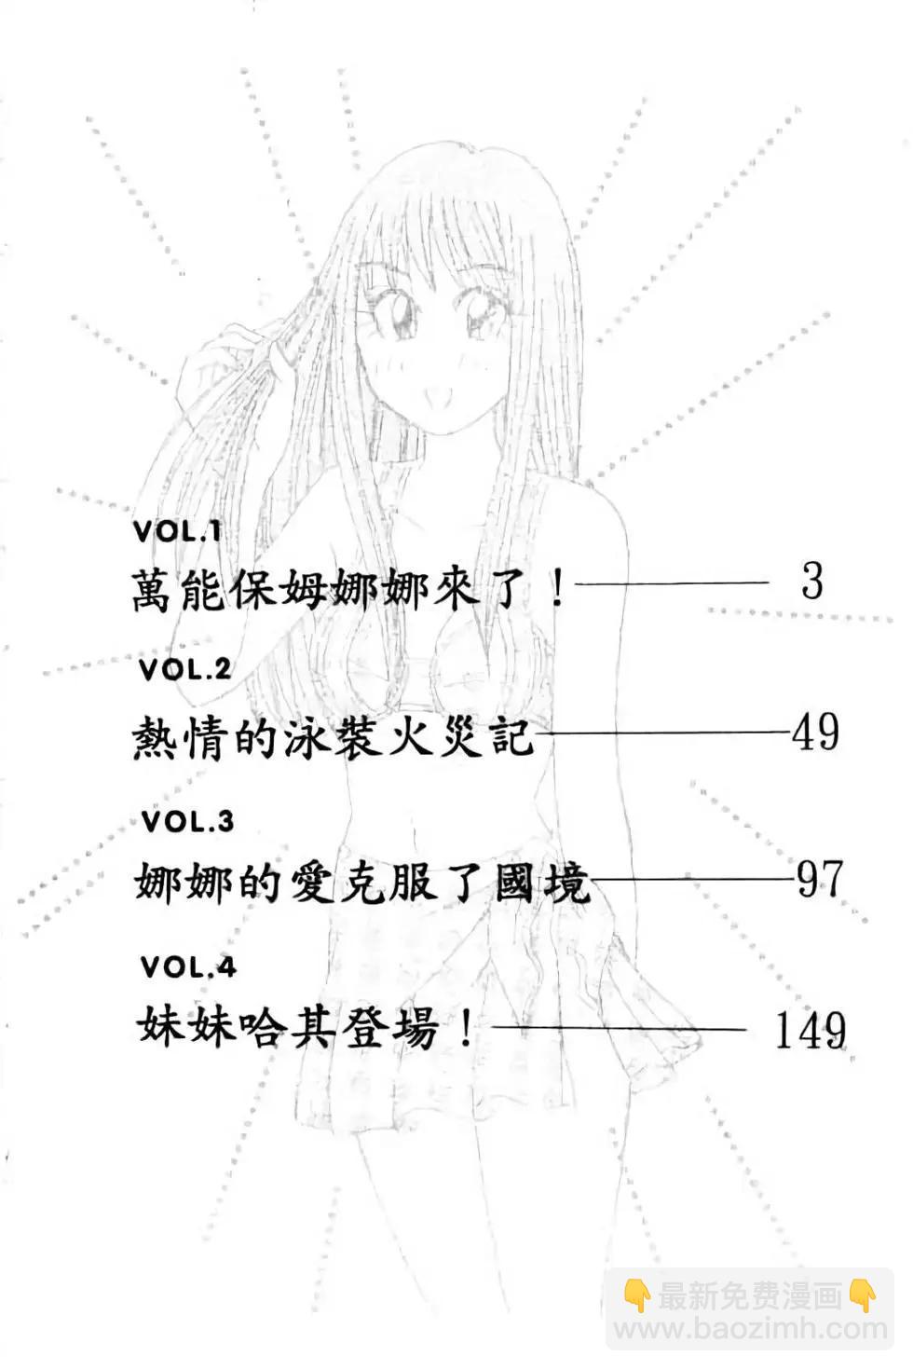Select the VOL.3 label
click(x=186, y=822)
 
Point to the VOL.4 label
click(x=188, y=967)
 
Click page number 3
click(x=811, y=582)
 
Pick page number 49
click(x=815, y=732)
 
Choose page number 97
click(x=819, y=879)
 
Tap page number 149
click(x=811, y=1031)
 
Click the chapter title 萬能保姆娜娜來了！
click(x=349, y=589)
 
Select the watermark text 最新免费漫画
click(x=750, y=1295)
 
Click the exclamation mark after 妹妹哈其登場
click(x=467, y=1029)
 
